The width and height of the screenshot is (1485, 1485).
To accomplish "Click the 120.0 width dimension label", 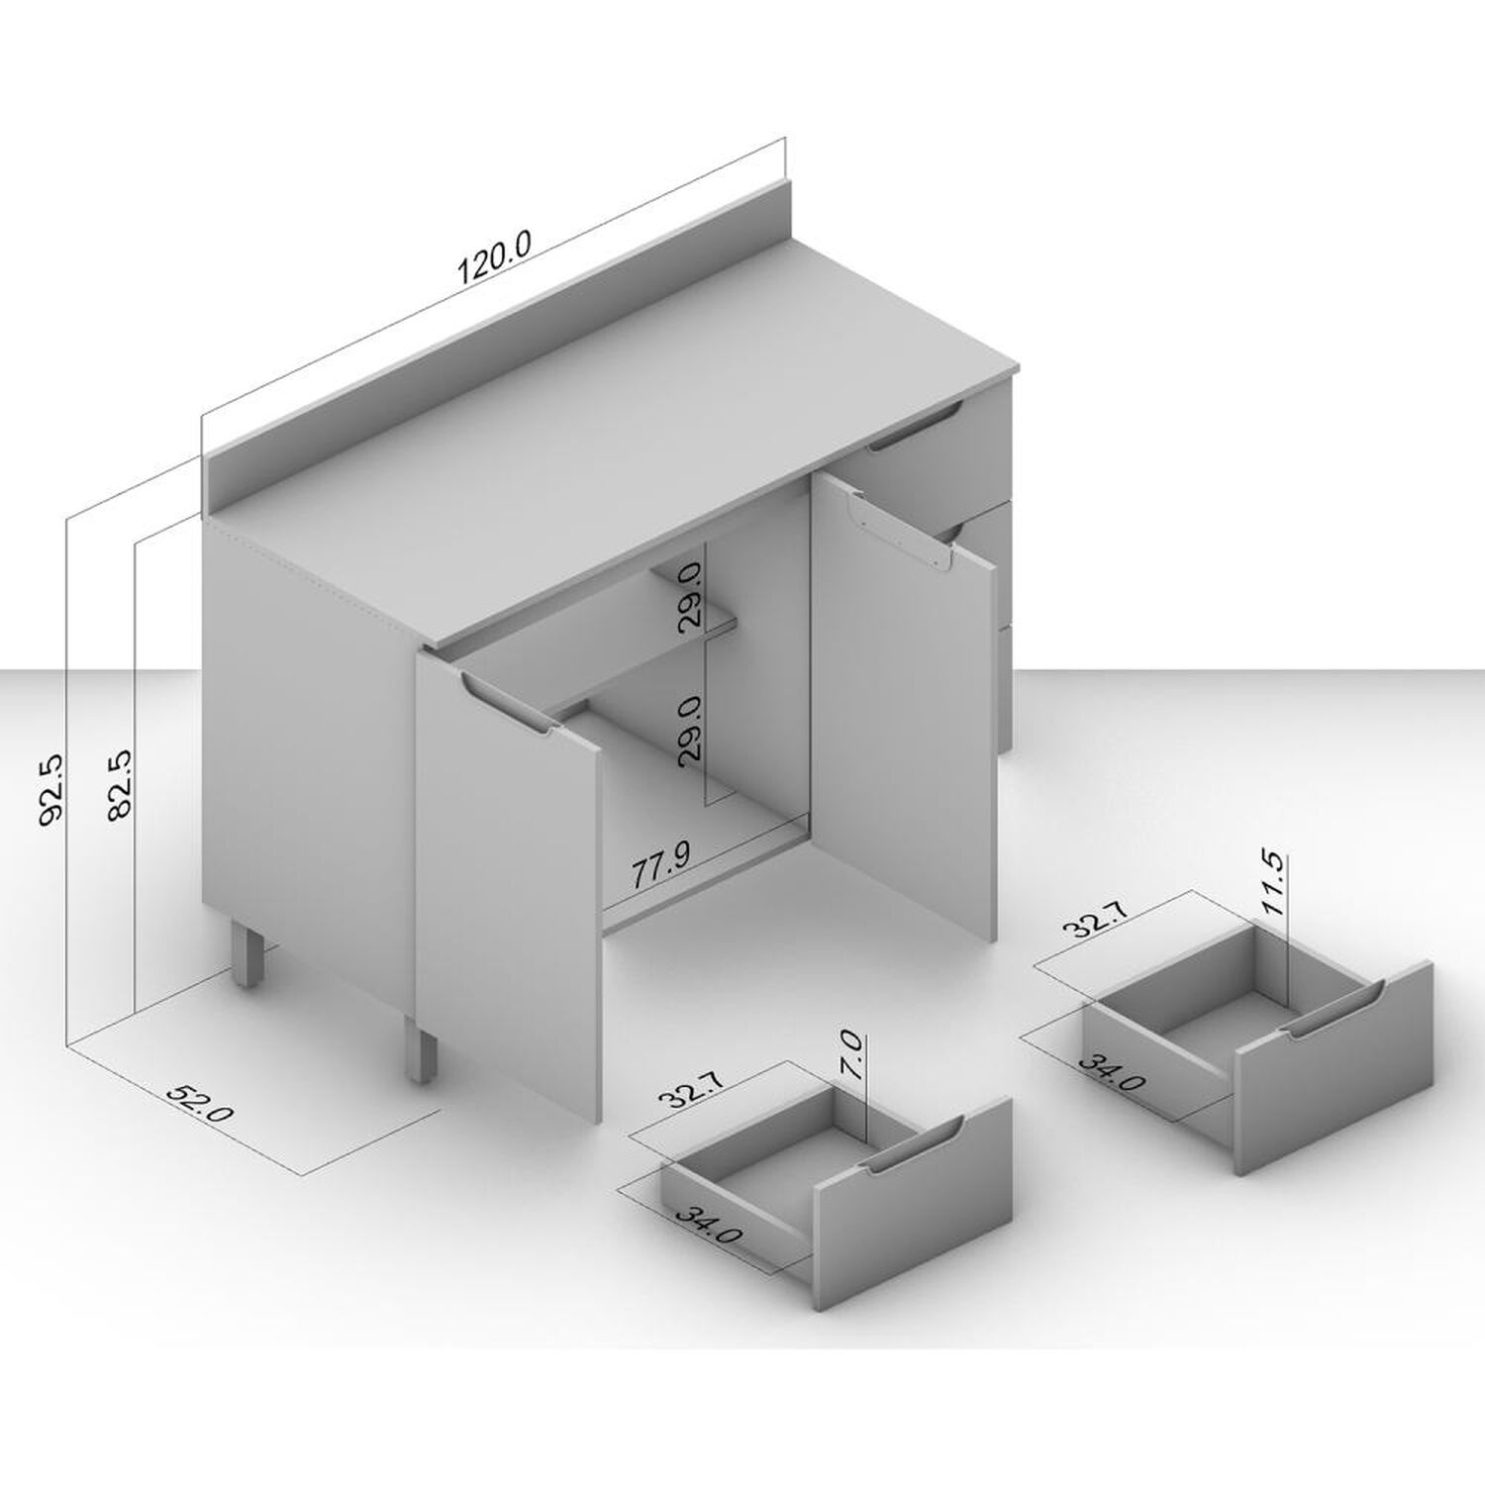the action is (x=494, y=257).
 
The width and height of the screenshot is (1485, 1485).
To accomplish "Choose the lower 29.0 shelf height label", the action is (x=690, y=728).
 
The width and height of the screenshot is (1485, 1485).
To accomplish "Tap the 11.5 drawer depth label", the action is (x=1273, y=883).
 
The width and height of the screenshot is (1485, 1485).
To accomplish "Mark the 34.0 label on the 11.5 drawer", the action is (x=1112, y=1071).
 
